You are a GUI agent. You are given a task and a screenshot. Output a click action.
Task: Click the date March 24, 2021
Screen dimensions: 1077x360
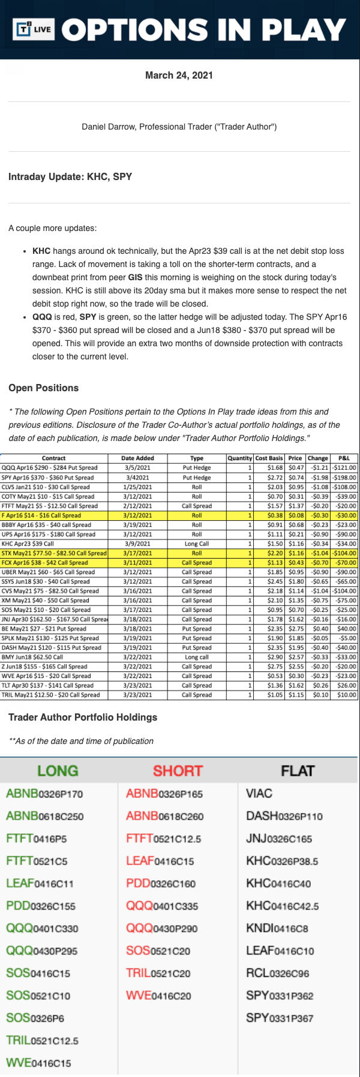pos(179,75)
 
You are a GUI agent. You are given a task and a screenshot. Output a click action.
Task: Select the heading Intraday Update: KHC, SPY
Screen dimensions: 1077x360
pos(70,176)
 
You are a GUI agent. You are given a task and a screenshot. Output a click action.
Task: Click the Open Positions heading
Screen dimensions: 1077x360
pos(43,388)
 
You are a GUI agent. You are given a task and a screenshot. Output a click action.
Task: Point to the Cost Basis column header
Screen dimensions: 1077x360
pos(269,458)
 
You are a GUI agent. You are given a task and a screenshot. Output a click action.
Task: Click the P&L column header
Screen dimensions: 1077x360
pos(344,458)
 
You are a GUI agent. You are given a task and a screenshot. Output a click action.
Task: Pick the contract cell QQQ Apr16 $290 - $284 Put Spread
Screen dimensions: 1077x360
pos(50,467)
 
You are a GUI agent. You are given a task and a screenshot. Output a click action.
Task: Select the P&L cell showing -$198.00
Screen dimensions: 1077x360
pos(344,477)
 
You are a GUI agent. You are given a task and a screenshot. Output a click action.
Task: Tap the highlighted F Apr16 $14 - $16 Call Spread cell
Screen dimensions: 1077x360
pos(41,515)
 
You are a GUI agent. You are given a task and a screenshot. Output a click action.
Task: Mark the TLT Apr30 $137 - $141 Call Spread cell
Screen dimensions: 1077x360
pos(47,685)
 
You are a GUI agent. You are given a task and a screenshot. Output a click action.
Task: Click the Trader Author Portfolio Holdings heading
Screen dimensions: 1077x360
pos(83,717)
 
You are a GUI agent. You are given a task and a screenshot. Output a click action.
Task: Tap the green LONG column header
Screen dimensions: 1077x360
pos(58,770)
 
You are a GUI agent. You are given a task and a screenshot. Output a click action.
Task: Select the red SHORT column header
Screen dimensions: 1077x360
pos(178,770)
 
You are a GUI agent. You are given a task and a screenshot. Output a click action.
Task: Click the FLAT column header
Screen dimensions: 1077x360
pos(298,770)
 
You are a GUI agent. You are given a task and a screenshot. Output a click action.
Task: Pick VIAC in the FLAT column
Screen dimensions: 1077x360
pos(259,793)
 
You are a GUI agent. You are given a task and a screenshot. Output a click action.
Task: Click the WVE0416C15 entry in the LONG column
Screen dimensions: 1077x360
pos(38,1063)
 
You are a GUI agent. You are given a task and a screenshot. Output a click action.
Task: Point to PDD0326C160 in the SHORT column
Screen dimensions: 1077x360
pos(161,883)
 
